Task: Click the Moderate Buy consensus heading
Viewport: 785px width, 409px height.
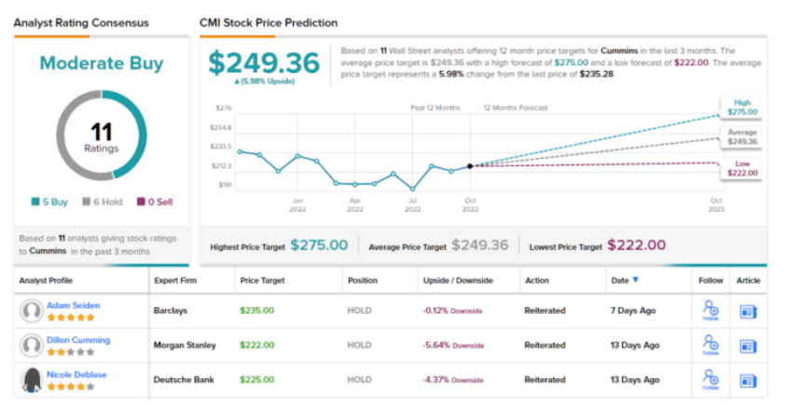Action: (101, 63)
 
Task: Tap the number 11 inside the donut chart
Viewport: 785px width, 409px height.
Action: (101, 132)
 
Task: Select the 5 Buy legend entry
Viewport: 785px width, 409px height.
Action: (50, 201)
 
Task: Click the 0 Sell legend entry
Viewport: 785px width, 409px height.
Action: (154, 201)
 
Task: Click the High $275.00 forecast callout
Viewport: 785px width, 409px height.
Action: (742, 107)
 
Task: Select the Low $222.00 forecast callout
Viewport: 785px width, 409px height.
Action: (742, 168)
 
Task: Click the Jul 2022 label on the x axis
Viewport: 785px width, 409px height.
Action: (412, 204)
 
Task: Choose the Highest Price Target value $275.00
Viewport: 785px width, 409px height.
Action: (319, 246)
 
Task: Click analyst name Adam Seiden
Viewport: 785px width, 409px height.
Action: (75, 305)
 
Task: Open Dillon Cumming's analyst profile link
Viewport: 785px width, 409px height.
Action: (78, 340)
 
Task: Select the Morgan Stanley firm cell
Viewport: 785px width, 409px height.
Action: (185, 346)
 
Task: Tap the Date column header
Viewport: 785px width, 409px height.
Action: (620, 280)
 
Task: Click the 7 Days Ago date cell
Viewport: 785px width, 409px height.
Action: (633, 311)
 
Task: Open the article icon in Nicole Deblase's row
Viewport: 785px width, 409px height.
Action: (748, 381)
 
